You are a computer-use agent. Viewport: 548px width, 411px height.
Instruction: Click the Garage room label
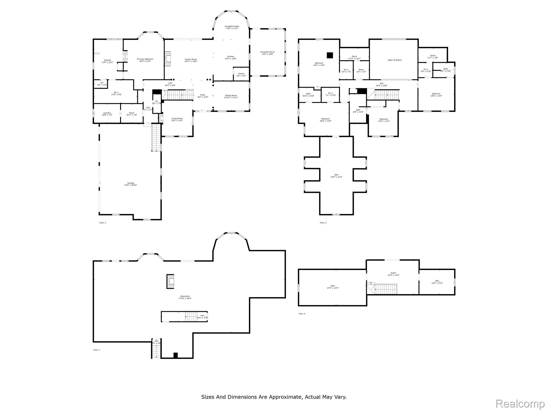coord(131,184)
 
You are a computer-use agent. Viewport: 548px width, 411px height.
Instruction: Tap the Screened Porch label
coord(267,53)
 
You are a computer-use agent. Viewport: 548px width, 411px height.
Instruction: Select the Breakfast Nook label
coord(232,27)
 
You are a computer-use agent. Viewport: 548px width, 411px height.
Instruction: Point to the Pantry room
coord(241,75)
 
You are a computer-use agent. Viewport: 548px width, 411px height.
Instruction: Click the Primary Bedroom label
coord(145,60)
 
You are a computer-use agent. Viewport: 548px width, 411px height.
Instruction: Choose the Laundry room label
coord(107,114)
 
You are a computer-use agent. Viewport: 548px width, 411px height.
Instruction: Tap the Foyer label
coord(203,96)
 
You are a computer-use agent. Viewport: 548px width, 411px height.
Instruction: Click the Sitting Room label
coord(231,97)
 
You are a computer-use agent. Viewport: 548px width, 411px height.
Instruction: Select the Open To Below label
coord(395,60)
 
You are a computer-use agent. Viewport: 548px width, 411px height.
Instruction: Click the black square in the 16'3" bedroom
coord(330,55)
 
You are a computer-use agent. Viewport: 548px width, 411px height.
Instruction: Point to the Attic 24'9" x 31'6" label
coord(336,176)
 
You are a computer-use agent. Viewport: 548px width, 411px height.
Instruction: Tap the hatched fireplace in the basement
coord(170,281)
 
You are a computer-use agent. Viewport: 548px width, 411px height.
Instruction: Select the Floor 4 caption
coord(302,314)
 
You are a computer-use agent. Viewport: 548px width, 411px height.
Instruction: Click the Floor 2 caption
coord(102,223)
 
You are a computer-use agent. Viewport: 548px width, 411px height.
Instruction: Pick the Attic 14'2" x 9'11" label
coord(437,282)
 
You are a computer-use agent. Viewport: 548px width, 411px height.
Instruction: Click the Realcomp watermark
coord(520,404)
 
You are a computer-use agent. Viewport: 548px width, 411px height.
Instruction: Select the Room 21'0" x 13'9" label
coord(393,274)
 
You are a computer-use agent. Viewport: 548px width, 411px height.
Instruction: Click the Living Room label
coord(177,119)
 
